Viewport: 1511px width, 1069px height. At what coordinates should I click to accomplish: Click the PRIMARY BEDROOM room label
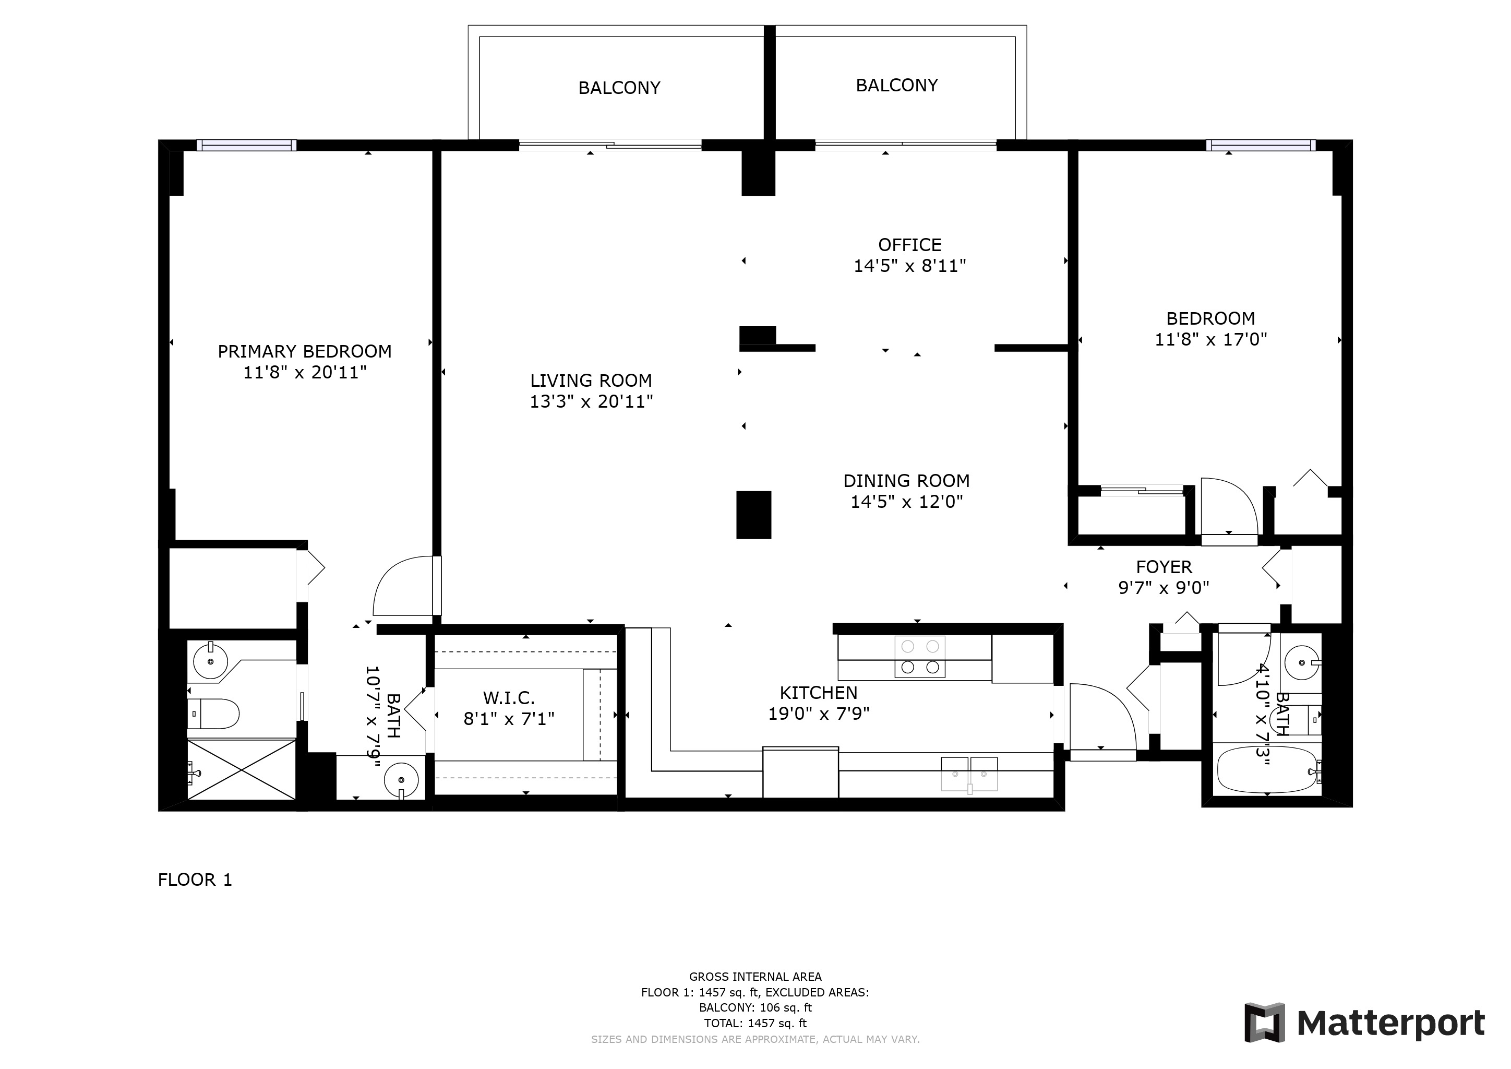click(x=305, y=351)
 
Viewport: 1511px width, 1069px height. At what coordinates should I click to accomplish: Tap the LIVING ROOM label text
click(x=591, y=381)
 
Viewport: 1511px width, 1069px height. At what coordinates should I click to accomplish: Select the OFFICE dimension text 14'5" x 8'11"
click(x=909, y=266)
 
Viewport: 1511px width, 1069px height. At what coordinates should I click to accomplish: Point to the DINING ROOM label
click(x=906, y=481)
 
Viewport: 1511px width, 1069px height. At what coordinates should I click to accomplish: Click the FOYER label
click(x=1164, y=567)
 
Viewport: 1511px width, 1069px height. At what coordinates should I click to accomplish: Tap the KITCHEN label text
click(x=819, y=693)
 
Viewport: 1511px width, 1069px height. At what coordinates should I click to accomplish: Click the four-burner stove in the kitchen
click(x=920, y=656)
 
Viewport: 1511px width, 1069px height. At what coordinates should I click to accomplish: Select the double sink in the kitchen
click(x=969, y=774)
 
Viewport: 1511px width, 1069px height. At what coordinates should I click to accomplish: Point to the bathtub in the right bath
click(x=1266, y=769)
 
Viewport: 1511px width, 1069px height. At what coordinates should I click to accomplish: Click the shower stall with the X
click(x=242, y=769)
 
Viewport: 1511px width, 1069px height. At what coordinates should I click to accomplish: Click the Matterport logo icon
click(x=1264, y=1023)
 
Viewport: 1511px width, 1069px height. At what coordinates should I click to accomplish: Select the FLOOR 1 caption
click(x=195, y=880)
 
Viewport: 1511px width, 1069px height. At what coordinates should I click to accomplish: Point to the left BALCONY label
click(x=619, y=88)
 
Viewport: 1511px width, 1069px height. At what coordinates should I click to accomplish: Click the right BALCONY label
click(x=897, y=86)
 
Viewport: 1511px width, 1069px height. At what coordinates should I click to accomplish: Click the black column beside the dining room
click(x=753, y=515)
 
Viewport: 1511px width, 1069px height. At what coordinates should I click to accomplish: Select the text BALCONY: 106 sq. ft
click(x=755, y=1008)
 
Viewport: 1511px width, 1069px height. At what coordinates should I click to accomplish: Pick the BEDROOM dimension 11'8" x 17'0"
click(x=1211, y=340)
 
